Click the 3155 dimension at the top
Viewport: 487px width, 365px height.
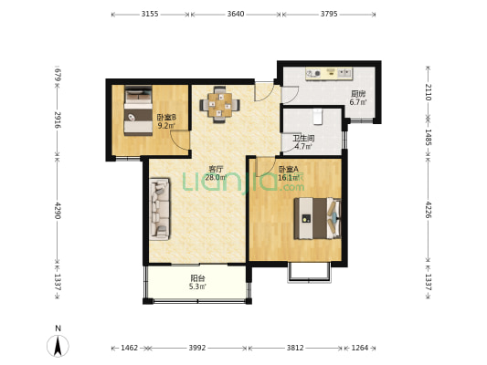coord(150,14)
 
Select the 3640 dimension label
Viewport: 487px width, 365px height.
coord(236,14)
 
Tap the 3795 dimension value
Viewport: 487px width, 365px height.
coord(329,14)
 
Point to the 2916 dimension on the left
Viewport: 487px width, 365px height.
coord(58,120)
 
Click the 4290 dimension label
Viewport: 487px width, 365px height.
coord(58,211)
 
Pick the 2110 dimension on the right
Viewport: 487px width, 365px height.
coord(428,92)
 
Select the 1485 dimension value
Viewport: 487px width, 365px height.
coord(428,137)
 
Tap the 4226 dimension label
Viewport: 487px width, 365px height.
coord(428,210)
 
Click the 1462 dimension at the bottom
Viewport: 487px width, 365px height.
coord(129,348)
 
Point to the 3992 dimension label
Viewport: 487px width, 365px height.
coord(197,348)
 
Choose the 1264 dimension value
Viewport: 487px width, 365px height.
coord(360,348)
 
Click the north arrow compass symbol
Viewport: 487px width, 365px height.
coord(58,346)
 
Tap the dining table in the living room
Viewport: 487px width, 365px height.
coord(220,105)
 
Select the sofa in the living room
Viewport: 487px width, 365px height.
coord(160,209)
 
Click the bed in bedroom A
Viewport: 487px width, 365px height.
coord(317,219)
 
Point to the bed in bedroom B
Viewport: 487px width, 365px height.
coord(138,110)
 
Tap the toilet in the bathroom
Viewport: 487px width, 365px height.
coord(317,117)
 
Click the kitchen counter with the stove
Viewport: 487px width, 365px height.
coord(329,74)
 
